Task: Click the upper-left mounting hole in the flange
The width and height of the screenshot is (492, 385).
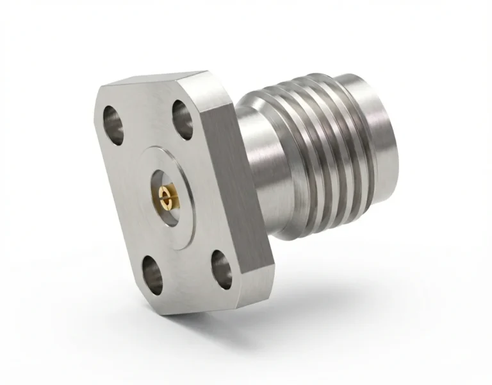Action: click(x=115, y=123)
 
